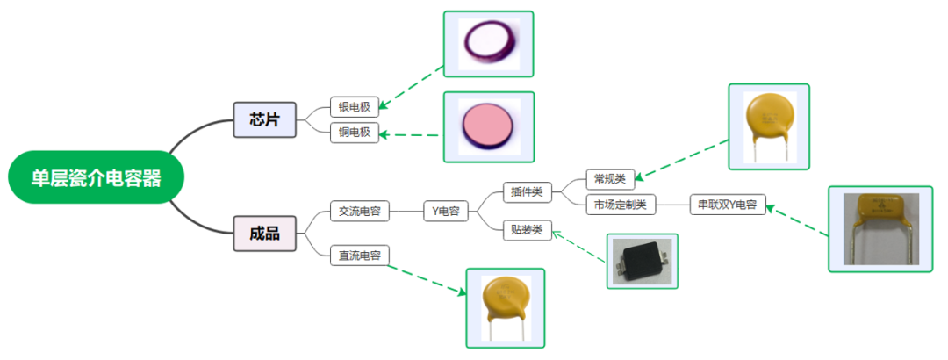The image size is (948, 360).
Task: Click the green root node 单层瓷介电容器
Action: coord(96,178)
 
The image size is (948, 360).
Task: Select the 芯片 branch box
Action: coord(264,119)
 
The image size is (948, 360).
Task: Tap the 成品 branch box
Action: coord(264,233)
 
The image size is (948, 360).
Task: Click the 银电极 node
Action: coord(354,107)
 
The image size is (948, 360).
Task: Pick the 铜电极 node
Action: coord(354,133)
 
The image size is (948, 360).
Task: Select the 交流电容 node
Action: coord(360,211)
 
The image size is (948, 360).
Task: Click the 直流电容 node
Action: coord(360,256)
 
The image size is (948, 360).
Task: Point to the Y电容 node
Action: coord(446,211)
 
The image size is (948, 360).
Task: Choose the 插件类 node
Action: coord(526,191)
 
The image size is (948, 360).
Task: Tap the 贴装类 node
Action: coord(526,231)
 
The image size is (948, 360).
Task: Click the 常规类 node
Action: coord(609,179)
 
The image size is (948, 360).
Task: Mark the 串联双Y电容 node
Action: coord(727,205)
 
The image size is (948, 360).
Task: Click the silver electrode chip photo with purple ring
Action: coord(488,42)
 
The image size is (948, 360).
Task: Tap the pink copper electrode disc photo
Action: coord(488,126)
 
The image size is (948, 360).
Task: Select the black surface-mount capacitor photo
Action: coord(643,261)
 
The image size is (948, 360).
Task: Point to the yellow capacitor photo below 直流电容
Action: coord(505,307)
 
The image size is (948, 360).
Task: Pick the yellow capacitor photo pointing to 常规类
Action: coord(768,126)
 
